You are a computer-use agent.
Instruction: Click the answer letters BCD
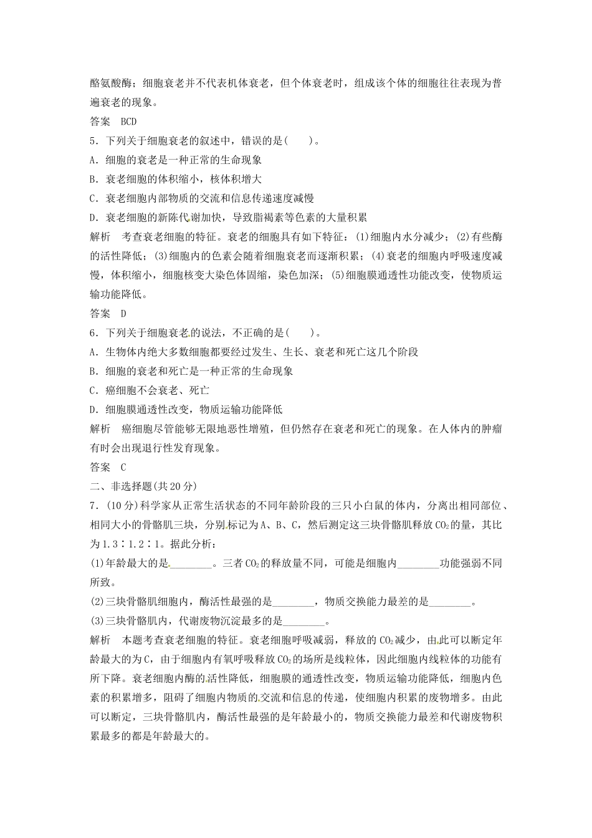click(x=128, y=122)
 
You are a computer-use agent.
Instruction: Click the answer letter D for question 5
click(x=123, y=314)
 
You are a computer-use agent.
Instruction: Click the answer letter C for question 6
click(x=123, y=467)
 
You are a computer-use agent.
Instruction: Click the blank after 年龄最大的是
click(x=191, y=564)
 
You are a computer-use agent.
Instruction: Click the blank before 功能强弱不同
click(x=418, y=564)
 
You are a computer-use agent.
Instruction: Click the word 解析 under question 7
click(x=100, y=640)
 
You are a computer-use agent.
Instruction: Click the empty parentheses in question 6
click(x=300, y=333)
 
